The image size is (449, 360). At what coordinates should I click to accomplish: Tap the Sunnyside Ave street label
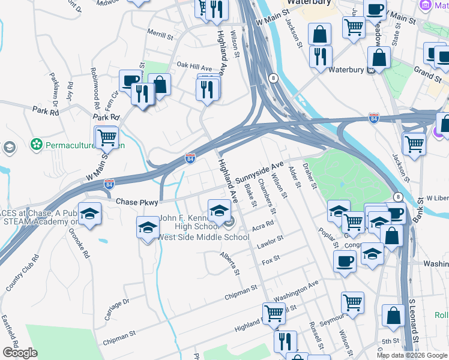click(x=259, y=172)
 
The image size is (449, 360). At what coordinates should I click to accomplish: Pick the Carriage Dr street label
click(x=117, y=310)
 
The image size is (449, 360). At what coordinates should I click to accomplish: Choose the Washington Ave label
click(x=295, y=291)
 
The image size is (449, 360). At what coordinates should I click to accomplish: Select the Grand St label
click(x=427, y=74)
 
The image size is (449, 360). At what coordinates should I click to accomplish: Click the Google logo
click(x=20, y=353)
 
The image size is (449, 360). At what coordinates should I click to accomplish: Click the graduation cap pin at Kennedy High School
click(x=218, y=210)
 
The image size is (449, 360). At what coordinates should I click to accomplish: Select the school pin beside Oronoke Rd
click(x=89, y=214)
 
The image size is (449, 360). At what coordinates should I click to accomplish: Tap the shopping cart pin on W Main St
click(x=107, y=137)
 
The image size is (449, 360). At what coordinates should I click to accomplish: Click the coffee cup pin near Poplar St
click(x=345, y=261)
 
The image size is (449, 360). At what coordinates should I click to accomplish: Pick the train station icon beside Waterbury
click(x=371, y=70)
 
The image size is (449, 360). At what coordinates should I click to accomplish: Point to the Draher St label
click(x=310, y=175)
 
